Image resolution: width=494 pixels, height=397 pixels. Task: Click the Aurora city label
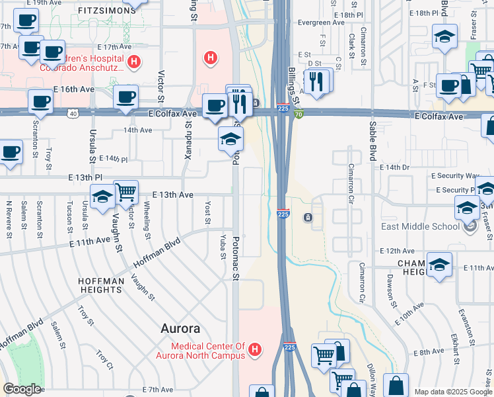pyautogui.click(x=180, y=329)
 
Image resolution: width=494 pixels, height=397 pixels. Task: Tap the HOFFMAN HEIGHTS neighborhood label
pyautogui.click(x=101, y=286)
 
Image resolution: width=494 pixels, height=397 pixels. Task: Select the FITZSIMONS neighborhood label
pyautogui.click(x=101, y=11)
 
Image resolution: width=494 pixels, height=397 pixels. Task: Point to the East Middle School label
pyautogui.click(x=420, y=226)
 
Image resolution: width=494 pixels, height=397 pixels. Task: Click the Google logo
pyautogui.click(x=21, y=388)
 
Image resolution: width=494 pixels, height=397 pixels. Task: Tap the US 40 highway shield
pyautogui.click(x=73, y=114)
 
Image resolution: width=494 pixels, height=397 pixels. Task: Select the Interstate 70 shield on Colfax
pyautogui.click(x=299, y=114)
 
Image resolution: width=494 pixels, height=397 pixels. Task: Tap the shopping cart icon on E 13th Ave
pyautogui.click(x=125, y=191)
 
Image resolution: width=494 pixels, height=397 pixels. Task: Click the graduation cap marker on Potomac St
pyautogui.click(x=230, y=139)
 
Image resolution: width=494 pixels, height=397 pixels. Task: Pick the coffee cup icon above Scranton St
pyautogui.click(x=40, y=101)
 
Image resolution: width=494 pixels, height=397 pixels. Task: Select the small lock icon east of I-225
pyautogui.click(x=308, y=217)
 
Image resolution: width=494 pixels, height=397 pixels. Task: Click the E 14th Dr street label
pyautogui.click(x=395, y=167)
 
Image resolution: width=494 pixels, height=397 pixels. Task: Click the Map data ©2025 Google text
pyautogui.click(x=452, y=392)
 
